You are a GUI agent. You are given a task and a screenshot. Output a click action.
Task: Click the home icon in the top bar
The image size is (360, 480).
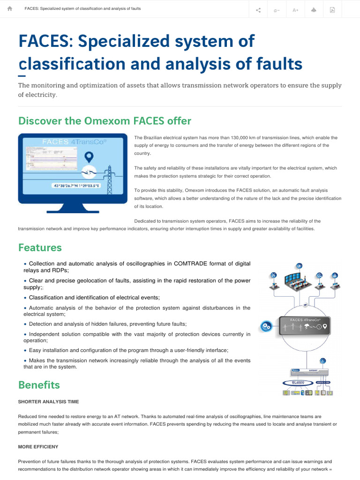click(x=10, y=9)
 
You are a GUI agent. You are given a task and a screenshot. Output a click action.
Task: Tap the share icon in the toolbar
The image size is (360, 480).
click(x=259, y=10)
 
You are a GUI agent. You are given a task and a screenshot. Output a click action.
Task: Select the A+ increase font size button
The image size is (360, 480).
click(x=295, y=10)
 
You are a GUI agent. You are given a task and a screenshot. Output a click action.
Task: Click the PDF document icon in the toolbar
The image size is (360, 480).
click(x=332, y=10)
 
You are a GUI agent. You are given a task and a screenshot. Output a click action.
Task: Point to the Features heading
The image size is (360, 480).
click(x=40, y=247)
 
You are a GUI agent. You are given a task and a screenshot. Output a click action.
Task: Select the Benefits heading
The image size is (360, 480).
click(x=39, y=385)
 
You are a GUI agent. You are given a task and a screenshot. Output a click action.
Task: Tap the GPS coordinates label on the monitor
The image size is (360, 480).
click(x=82, y=186)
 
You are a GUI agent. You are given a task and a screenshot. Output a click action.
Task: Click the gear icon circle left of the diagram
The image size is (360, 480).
click(x=266, y=326)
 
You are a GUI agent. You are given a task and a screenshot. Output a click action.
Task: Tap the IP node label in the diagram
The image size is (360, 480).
click(x=305, y=305)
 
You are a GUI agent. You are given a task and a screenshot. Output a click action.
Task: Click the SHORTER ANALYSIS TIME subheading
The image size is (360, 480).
click(x=48, y=402)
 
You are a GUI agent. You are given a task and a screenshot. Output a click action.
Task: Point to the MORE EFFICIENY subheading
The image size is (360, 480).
click(x=38, y=447)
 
